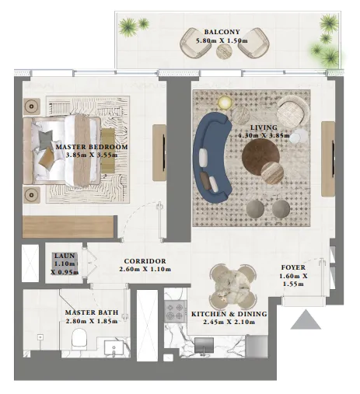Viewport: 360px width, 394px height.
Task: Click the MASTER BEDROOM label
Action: [x=91, y=146]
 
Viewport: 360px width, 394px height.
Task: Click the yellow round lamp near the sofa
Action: [x=225, y=103]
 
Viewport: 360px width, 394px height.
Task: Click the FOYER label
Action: [x=294, y=267]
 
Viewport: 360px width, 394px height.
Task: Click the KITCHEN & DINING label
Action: [x=229, y=314]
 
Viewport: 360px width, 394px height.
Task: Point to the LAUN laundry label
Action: [x=62, y=256]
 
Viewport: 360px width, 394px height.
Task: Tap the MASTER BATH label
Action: [x=91, y=312]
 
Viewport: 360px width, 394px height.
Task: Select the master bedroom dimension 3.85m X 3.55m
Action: [x=91, y=155]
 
